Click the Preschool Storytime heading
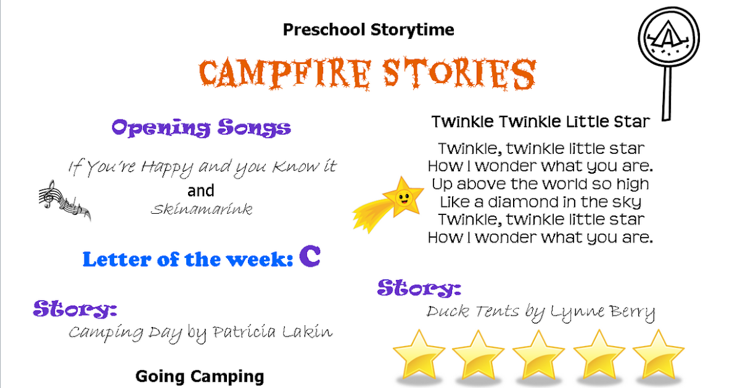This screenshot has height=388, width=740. point(368,30)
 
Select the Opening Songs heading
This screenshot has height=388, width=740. point(201,127)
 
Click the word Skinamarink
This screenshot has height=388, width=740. point(201,209)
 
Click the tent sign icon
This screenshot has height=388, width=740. point(668,43)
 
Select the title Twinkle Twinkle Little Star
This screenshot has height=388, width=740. point(540,121)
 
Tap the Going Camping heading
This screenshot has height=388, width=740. point(200,376)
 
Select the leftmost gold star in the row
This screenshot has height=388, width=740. point(419,354)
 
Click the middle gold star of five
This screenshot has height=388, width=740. point(538,354)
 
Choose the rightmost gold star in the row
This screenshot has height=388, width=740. point(658,354)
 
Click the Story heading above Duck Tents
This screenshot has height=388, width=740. point(419,288)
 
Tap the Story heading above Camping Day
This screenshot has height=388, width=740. point(75,309)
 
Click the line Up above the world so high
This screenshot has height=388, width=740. point(540,184)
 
